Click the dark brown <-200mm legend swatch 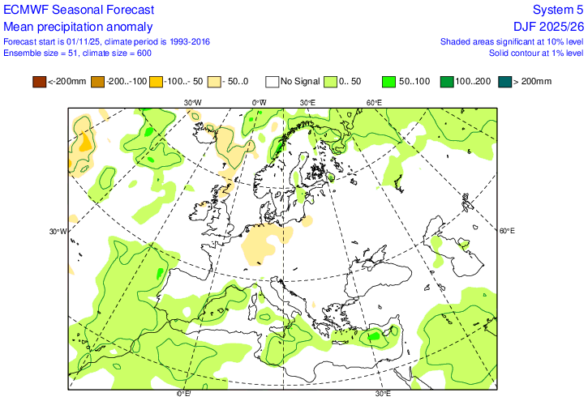(x=39, y=81)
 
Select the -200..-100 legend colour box (x=97, y=81)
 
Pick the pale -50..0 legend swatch (x=215, y=81)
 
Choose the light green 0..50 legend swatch (x=331, y=81)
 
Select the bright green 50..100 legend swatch (x=390, y=81)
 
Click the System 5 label (x=557, y=11)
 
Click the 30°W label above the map (x=192, y=103)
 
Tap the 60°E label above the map (x=374, y=103)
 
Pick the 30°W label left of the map (x=58, y=232)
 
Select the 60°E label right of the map (x=507, y=232)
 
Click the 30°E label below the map (x=383, y=395)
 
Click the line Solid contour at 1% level (x=536, y=53)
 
